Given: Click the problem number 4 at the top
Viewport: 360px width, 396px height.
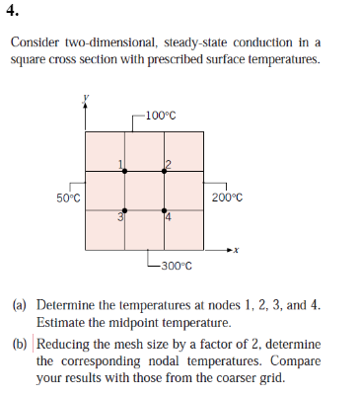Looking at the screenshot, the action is point(12,14).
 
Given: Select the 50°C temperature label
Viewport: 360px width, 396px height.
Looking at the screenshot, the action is point(68,198).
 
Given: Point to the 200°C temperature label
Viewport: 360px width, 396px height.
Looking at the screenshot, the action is point(226,198).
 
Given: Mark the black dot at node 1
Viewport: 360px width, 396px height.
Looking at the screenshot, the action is point(124,172).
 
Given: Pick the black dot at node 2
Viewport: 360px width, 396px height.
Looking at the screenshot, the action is point(165,172).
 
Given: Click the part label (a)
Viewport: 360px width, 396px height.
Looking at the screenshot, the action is point(19,306).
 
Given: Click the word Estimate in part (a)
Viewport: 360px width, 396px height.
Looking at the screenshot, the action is point(59,323).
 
